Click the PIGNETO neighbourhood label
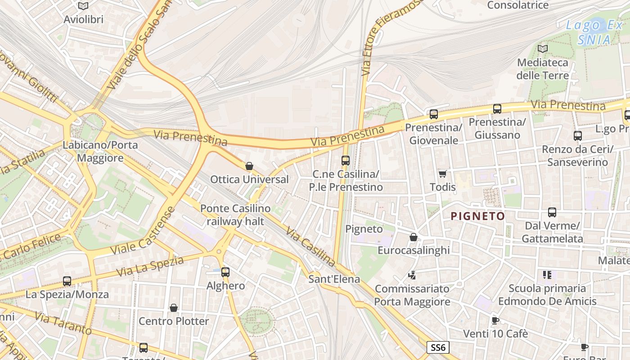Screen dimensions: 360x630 (x=477, y=216)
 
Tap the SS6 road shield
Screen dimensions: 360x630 (x=438, y=347)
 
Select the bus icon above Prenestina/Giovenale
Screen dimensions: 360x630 (x=434, y=114)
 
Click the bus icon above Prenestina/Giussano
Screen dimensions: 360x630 (x=497, y=108)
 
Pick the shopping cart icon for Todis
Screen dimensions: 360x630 (x=442, y=174)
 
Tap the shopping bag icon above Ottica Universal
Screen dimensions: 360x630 (x=249, y=166)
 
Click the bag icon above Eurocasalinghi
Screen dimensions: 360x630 (x=413, y=237)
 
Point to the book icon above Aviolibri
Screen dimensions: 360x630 (x=83, y=6)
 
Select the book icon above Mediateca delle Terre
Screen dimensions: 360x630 (x=543, y=49)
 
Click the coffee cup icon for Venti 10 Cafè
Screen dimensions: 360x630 (x=495, y=320)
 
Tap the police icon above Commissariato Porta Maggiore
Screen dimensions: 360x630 (x=412, y=274)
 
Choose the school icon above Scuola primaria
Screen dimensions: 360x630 (x=547, y=274)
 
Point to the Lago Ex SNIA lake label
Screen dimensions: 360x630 (x=594, y=32)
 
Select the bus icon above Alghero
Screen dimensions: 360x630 (x=225, y=272)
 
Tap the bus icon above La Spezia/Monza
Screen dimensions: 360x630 (x=67, y=281)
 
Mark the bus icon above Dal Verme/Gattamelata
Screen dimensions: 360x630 (x=552, y=212)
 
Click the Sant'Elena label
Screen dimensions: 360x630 (x=334, y=279)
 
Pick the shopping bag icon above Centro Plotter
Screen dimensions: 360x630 (x=174, y=308)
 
